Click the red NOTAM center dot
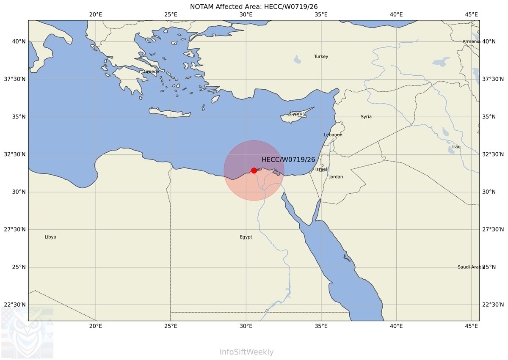pos(254,170)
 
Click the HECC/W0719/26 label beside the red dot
pos(288,160)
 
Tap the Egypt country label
pos(246,237)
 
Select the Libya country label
pos(50,237)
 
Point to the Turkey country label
pos(321,57)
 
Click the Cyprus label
pos(297,114)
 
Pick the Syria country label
pos(366,117)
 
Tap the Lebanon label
pos(333,135)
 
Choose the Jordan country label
pos(336,177)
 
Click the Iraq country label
pos(456,147)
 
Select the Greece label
pos(151,71)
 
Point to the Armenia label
pos(471,41)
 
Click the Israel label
pos(321,170)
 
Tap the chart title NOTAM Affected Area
pos(254,6)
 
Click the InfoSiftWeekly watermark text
pos(246,352)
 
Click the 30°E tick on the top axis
pos(246,14)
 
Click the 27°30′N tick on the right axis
pos(493,230)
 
